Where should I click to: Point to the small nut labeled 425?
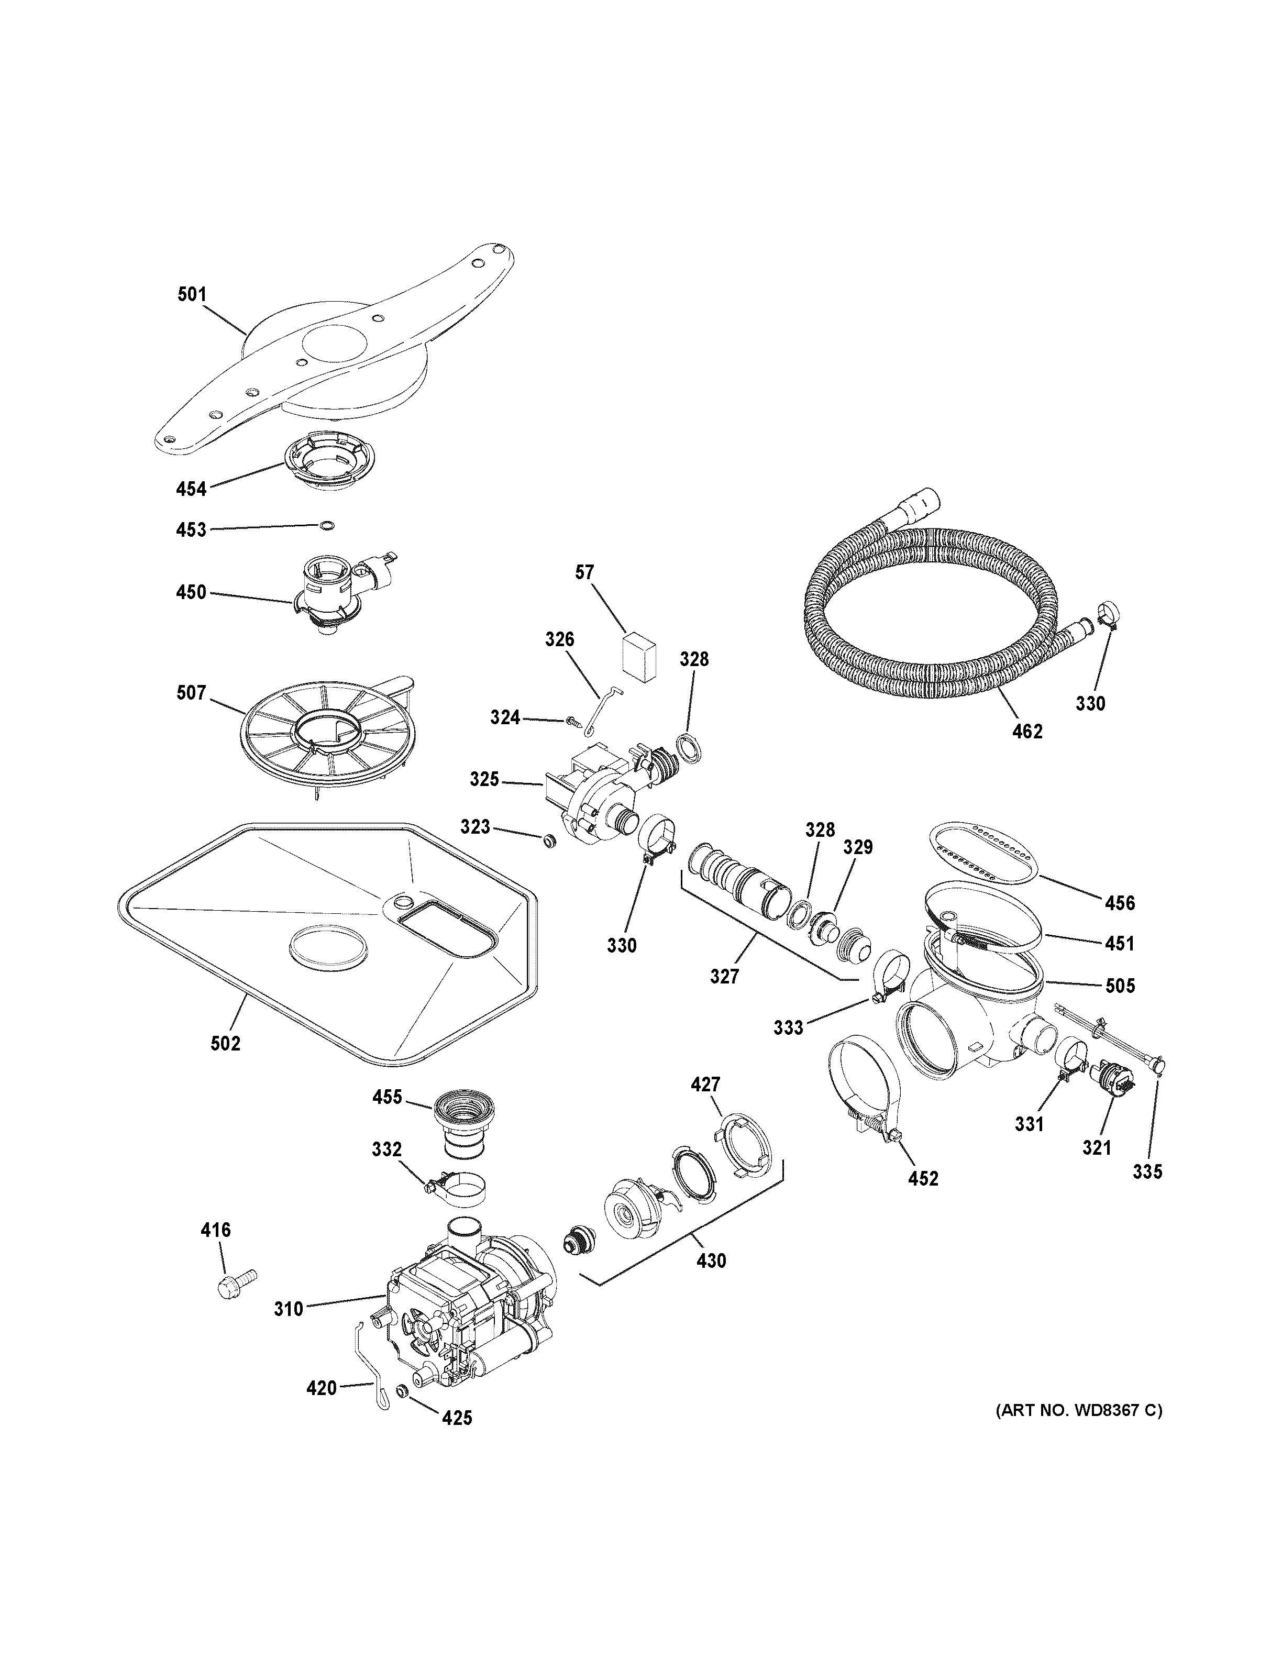tap(403, 1391)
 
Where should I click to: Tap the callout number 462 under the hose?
tap(1027, 732)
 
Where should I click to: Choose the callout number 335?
tap(1147, 1171)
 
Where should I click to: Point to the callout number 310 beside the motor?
tap(289, 1308)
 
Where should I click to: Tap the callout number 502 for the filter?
tap(226, 1043)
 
